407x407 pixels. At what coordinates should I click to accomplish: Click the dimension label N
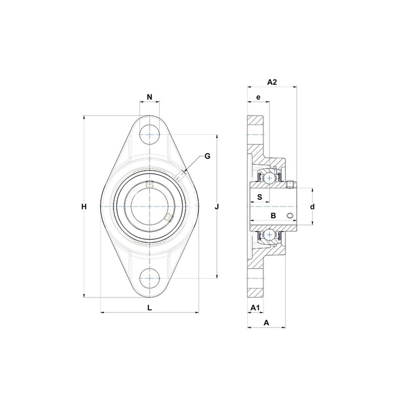[x=150, y=97]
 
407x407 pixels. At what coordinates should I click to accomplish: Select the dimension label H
[x=85, y=207]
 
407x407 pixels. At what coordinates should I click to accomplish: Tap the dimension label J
[x=217, y=207]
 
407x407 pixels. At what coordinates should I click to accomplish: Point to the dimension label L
[x=149, y=307]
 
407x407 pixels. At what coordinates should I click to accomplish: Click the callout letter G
[x=207, y=156]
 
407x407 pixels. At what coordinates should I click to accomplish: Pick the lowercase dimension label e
[x=258, y=97]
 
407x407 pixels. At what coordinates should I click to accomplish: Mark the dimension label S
[x=259, y=196]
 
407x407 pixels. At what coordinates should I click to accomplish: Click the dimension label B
[x=273, y=216]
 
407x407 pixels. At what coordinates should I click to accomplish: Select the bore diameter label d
[x=313, y=207]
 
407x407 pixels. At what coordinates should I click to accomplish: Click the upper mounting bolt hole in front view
[x=150, y=134]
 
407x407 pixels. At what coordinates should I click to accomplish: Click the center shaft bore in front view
[x=150, y=207]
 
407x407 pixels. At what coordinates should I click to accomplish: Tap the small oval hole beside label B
[x=290, y=217]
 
